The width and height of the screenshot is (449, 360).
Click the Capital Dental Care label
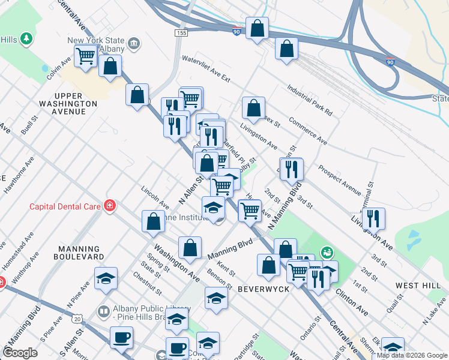(x=65, y=207)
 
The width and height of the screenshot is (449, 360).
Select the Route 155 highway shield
(x=179, y=32)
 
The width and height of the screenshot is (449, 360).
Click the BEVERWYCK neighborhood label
(x=264, y=289)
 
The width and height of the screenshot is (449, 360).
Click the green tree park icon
(x=26, y=40)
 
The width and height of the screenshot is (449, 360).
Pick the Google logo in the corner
(x=20, y=353)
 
